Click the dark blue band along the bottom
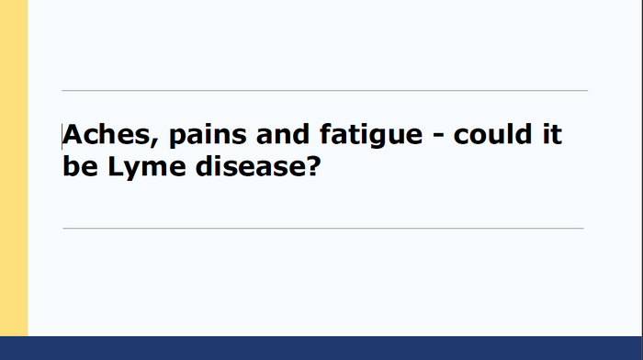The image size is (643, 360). (321, 348)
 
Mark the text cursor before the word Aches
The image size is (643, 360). (63, 136)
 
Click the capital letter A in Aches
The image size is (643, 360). (73, 136)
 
